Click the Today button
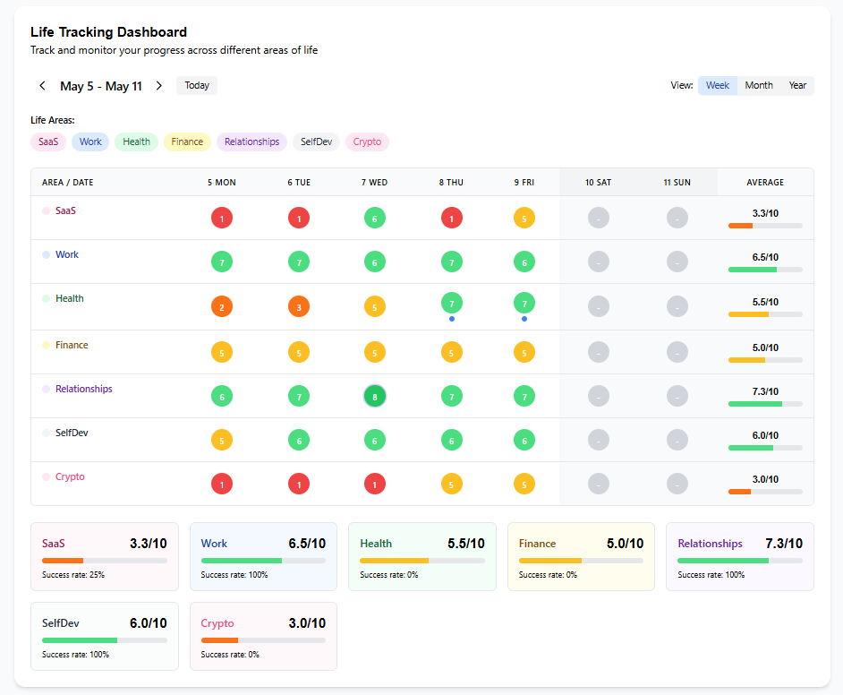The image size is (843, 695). click(197, 85)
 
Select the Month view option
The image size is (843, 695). click(759, 85)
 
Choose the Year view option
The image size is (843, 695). click(797, 85)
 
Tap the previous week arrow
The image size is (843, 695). click(42, 85)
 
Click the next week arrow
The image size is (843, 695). click(159, 85)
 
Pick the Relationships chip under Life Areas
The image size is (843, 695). click(251, 142)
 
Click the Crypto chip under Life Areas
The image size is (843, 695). click(367, 142)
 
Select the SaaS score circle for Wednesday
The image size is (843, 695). click(375, 219)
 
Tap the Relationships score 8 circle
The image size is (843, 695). click(375, 397)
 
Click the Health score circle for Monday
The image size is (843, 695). click(222, 307)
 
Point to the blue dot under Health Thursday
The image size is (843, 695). click(452, 319)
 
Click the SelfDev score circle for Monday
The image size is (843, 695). click(222, 441)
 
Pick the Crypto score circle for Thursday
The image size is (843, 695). click(452, 485)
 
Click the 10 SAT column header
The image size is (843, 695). click(598, 183)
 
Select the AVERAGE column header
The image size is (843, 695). click(765, 183)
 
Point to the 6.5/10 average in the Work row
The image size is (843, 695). click(765, 257)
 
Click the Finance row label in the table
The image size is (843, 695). click(72, 345)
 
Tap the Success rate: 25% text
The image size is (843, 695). click(73, 574)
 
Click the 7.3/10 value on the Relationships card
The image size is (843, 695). click(784, 544)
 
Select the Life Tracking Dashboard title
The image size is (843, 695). click(108, 32)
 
